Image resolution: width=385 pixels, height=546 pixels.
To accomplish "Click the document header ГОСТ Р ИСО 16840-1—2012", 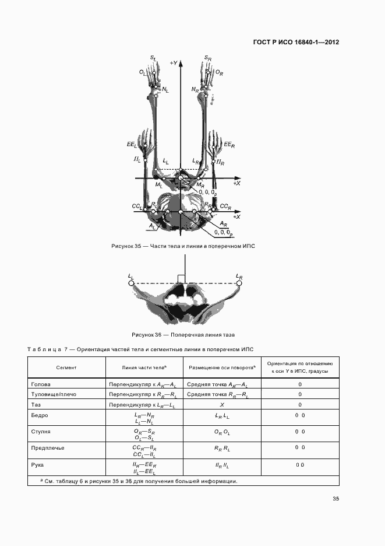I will click(296, 43).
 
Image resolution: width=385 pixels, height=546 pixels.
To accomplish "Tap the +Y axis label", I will click(173, 62).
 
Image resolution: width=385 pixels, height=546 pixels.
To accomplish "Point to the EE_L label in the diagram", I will click(130, 144).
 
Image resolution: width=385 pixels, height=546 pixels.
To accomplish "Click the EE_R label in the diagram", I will click(229, 144).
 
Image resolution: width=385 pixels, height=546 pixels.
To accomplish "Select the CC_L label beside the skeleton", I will click(137, 207).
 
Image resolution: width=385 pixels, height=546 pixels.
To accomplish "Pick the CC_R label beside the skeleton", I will click(225, 207).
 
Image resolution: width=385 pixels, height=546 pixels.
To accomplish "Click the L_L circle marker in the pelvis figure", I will click(132, 283).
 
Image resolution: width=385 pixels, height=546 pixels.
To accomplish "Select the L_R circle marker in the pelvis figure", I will click(238, 283).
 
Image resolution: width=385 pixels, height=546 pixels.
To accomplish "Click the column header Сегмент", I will click(66, 368).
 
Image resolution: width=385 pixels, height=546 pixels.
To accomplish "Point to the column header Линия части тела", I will click(144, 367).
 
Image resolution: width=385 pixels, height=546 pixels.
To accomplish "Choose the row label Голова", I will click(40, 385).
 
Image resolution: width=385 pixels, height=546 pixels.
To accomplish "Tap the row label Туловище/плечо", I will click(52, 394).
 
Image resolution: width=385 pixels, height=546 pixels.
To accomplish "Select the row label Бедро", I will click(39, 415).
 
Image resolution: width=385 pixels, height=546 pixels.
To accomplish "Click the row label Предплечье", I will click(47, 447).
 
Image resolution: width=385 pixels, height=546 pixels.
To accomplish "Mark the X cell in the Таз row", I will click(222, 404).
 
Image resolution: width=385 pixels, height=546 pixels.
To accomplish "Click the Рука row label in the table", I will click(37, 464).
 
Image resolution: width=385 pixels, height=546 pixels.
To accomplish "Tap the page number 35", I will click(335, 499).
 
